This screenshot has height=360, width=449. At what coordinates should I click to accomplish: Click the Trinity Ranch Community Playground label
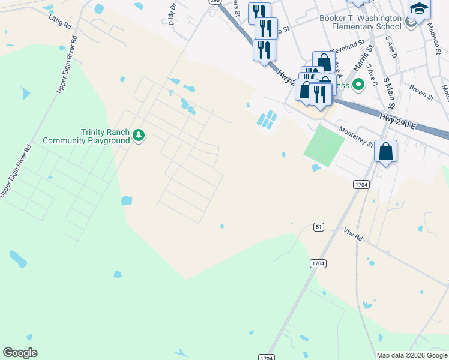(x=86, y=136)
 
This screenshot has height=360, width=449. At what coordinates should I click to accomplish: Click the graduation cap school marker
(x=420, y=10)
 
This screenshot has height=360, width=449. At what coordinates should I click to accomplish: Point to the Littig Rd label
(x=59, y=23)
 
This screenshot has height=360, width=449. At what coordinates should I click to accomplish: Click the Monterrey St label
(x=356, y=136)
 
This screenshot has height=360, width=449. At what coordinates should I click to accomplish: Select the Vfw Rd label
(x=354, y=235)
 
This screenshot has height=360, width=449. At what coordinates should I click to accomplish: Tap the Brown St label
(x=422, y=91)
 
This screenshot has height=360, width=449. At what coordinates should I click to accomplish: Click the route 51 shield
(x=319, y=227)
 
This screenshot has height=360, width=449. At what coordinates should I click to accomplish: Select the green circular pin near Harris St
(x=358, y=85)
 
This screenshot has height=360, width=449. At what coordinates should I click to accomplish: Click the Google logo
(x=20, y=353)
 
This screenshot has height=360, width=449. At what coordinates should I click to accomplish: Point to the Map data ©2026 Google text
(x=412, y=355)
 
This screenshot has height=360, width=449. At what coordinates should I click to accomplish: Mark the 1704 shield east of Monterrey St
(x=360, y=184)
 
